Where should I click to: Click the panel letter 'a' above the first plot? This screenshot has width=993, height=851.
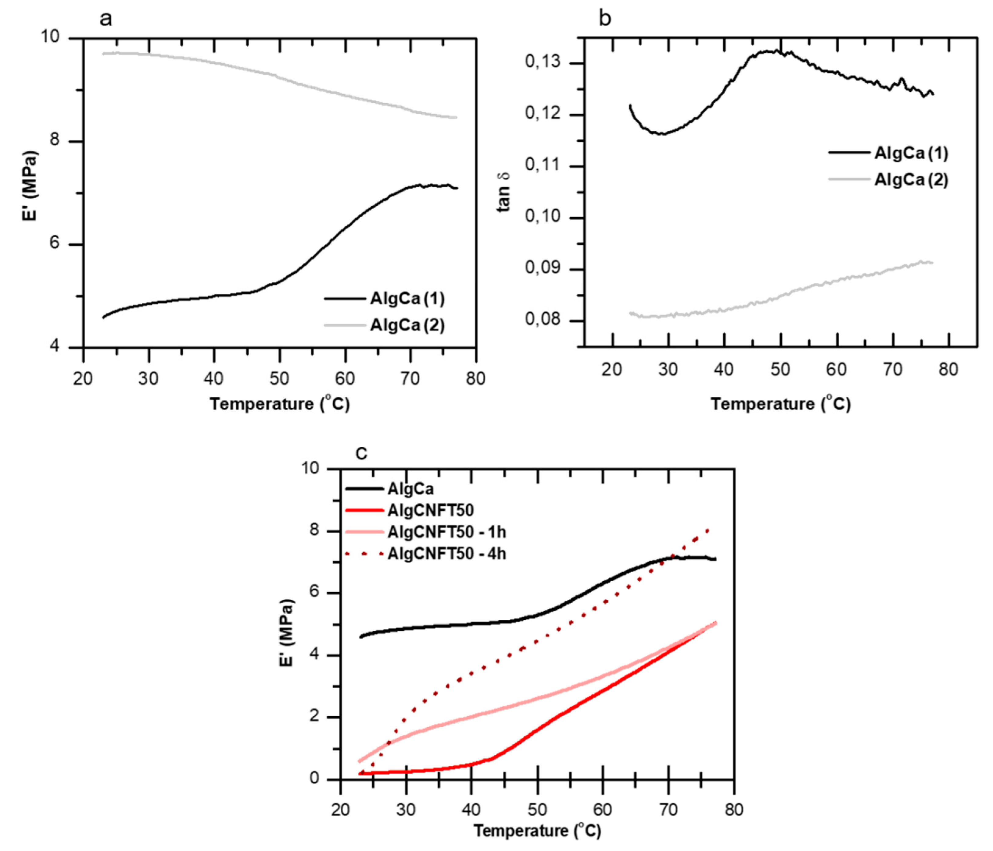(x=106, y=19)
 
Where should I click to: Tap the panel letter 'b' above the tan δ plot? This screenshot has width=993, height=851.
(x=605, y=19)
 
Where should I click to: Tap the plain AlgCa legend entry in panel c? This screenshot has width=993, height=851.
(x=411, y=489)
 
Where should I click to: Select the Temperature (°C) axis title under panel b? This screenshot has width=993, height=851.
(x=780, y=404)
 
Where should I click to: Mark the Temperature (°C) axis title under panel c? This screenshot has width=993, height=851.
(x=537, y=830)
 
